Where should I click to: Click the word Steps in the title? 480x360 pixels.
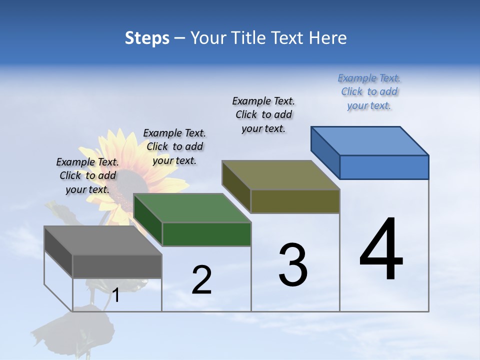(x=147, y=38)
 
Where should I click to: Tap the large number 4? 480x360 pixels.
(x=381, y=249)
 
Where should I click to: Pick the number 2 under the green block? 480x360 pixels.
(x=202, y=280)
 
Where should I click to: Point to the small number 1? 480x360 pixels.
(x=116, y=295)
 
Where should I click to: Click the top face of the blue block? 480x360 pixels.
(x=370, y=140)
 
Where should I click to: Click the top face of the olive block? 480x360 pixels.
(x=281, y=175)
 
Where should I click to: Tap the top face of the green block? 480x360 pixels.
(x=192, y=208)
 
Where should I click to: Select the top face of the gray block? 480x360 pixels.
(x=103, y=240)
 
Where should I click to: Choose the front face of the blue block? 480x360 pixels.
(x=384, y=167)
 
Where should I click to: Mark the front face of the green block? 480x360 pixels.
(x=206, y=234)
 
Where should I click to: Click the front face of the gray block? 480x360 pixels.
(x=117, y=266)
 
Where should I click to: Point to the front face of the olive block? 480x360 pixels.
(x=295, y=201)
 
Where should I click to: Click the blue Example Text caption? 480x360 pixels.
(x=369, y=92)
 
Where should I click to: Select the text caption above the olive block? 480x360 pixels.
(x=263, y=114)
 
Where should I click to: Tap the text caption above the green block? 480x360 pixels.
(x=174, y=146)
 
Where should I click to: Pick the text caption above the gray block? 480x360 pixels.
(x=87, y=175)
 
